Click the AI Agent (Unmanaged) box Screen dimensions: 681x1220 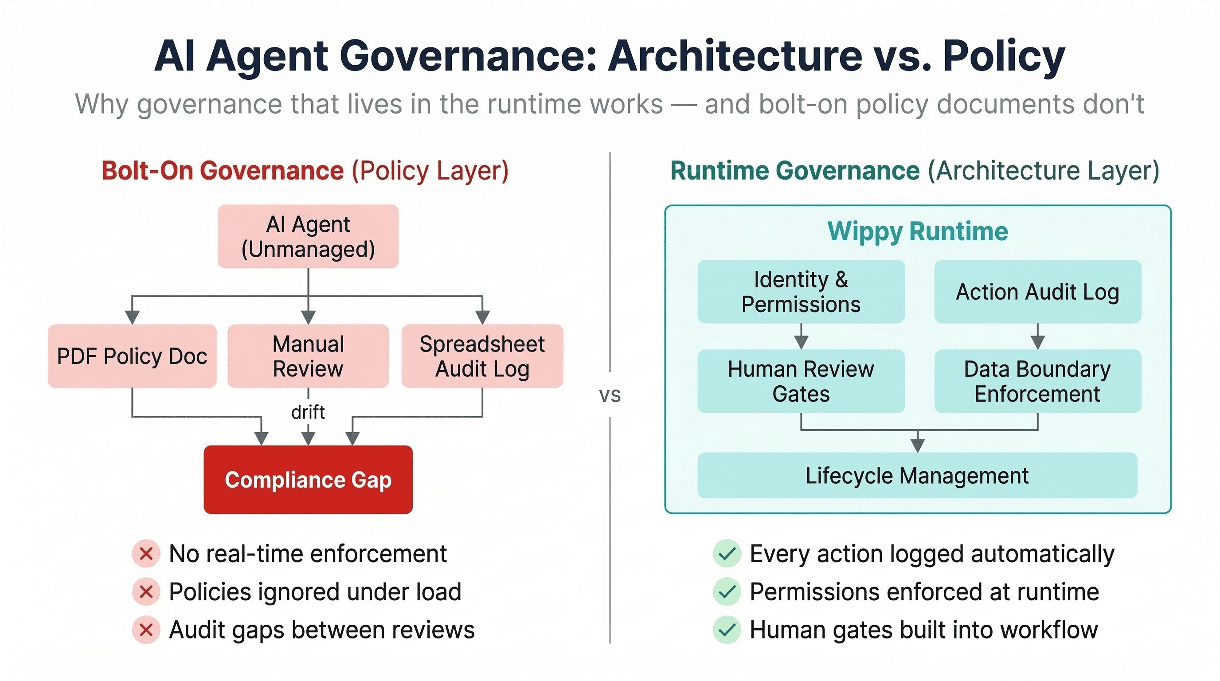(308, 236)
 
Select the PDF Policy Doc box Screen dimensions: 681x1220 (132, 356)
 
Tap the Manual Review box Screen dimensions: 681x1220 (308, 356)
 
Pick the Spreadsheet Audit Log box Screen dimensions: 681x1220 (482, 356)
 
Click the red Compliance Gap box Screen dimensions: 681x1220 (308, 479)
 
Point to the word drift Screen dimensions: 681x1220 (308, 412)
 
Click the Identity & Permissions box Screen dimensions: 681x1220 (801, 292)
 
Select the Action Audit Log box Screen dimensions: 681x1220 (1037, 292)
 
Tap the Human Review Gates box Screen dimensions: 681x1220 (801, 381)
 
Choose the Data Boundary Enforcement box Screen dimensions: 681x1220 (1037, 381)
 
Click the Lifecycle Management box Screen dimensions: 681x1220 (917, 475)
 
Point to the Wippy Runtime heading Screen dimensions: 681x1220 (917, 231)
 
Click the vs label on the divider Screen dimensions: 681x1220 (610, 395)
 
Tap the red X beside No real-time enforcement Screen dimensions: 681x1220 (146, 553)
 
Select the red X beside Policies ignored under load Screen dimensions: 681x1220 (146, 591)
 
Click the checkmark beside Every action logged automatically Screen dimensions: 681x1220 (727, 553)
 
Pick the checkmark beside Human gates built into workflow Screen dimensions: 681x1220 (727, 630)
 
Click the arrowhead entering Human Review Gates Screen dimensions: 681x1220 (801, 342)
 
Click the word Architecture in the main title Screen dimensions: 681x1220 (735, 56)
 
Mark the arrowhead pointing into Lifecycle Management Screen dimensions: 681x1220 (917, 446)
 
